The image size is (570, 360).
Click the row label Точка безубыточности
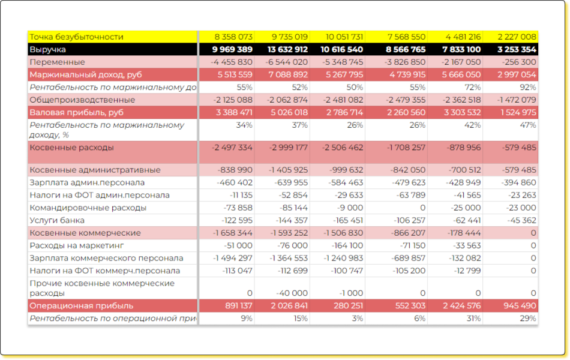pos(76,37)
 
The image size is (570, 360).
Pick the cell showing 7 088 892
pos(288,74)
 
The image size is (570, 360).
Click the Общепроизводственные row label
pos(82,100)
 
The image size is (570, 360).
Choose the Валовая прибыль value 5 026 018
pos(289,112)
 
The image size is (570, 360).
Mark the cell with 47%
pos(528,125)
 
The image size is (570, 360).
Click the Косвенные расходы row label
pos(71,148)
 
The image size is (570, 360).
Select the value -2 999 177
pos(288,148)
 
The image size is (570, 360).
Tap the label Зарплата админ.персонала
pos(87,182)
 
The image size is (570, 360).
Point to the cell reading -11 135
pos(241,195)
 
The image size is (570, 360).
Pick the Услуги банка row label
pos(57,220)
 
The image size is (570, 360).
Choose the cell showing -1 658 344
pos(233,233)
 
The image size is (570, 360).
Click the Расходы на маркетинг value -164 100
pos(347,245)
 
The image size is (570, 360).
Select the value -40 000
pos(292,293)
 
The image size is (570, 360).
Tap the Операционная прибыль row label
pos(82,306)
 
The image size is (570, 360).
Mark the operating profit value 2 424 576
pos(461,306)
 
